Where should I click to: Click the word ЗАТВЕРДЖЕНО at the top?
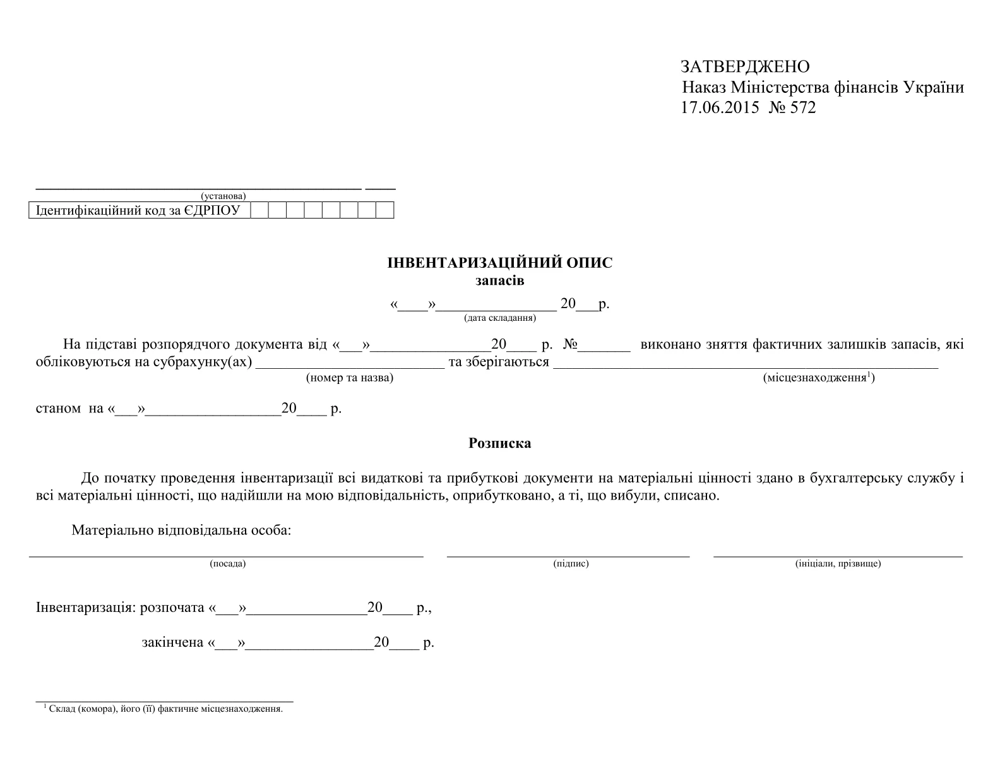pos(745,66)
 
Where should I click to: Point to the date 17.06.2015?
pos(720,107)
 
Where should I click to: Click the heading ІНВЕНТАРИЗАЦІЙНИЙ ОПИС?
pos(499,263)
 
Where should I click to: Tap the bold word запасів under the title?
pos(499,280)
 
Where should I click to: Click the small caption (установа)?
pos(223,196)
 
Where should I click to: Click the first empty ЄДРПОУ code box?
pos(259,210)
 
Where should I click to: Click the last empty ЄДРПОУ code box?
pos(385,210)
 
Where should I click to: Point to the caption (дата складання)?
pos(500,318)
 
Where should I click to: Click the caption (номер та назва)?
pos(349,378)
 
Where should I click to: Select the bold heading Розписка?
pos(499,443)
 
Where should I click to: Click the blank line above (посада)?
pos(226,556)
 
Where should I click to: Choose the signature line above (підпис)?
pos(568,556)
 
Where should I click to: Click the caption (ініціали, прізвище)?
pos(838,563)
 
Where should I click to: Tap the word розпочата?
pos(172,608)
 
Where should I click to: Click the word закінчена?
pos(172,643)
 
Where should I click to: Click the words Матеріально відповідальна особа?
pos(181,530)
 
